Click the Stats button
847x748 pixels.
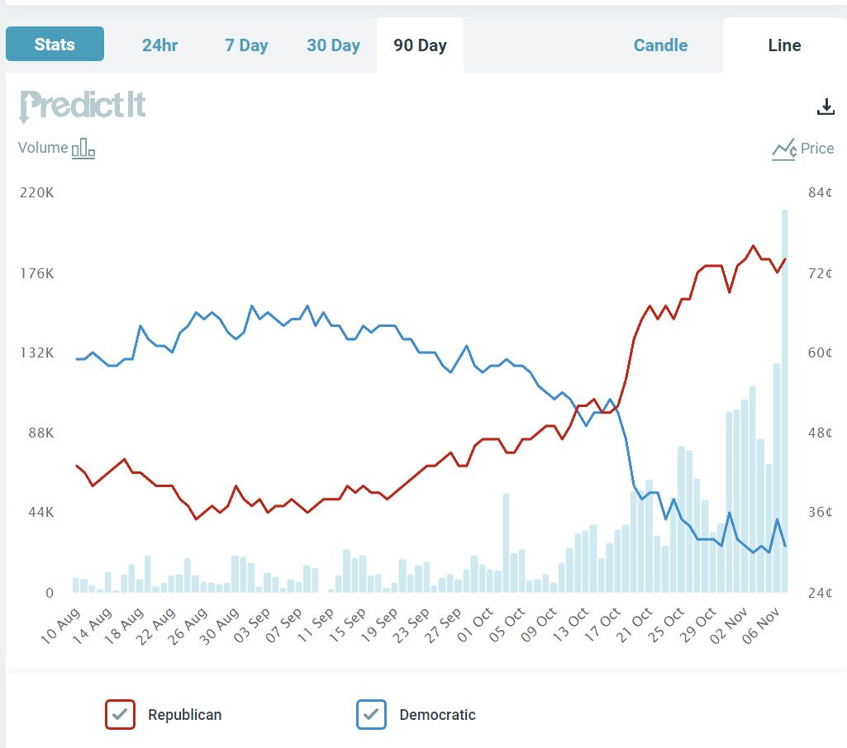(55, 45)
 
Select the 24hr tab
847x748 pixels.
(159, 45)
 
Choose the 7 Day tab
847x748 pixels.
(246, 45)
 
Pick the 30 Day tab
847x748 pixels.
(333, 45)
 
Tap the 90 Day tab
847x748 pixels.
(420, 45)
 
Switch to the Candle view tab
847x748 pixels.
(660, 45)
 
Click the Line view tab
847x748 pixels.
(784, 45)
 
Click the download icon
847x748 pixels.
(826, 107)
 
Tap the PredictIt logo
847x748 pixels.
(83, 106)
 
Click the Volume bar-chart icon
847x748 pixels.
(83, 149)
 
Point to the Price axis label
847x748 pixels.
(816, 149)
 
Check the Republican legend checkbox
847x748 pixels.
(120, 714)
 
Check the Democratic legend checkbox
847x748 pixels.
(371, 714)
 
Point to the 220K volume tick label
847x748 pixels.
(36, 193)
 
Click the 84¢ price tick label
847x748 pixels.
(820, 193)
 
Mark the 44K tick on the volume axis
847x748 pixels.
(38, 513)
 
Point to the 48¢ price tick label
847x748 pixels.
(820, 433)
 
